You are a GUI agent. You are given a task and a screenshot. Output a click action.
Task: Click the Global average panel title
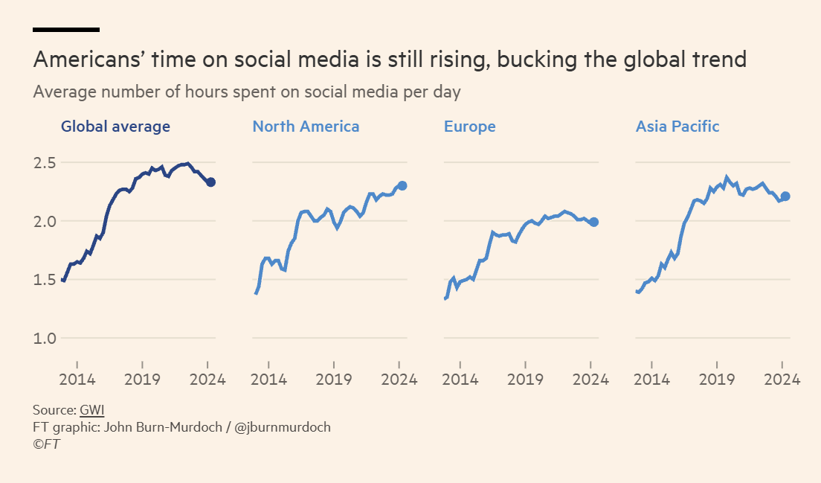click(115, 127)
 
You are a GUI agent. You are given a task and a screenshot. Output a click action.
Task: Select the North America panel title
click(306, 127)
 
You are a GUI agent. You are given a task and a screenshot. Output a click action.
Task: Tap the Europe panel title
click(469, 127)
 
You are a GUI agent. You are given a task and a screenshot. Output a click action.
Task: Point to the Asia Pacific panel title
click(677, 127)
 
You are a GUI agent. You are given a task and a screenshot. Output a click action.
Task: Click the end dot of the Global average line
click(210, 182)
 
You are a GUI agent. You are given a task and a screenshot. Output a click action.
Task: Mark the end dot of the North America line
click(402, 186)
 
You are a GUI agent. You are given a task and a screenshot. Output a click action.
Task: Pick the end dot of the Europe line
click(593, 222)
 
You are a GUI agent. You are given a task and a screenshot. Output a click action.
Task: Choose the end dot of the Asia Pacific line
click(785, 196)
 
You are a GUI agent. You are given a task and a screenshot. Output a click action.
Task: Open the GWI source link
click(92, 410)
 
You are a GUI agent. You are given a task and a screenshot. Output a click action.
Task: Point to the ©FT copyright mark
click(46, 444)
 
